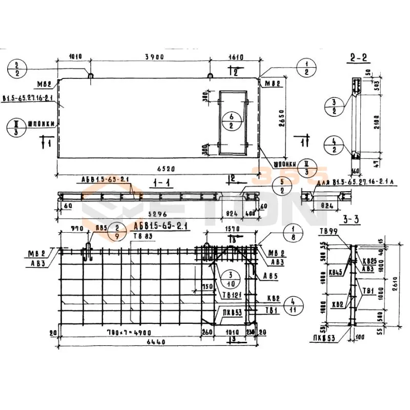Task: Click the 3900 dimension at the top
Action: click(x=154, y=57)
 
